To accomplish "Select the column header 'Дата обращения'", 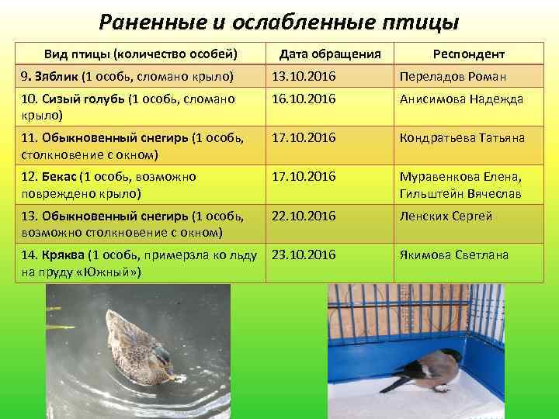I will point(330,54).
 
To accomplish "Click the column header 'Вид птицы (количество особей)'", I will point(141,54).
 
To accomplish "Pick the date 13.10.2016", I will point(303,77).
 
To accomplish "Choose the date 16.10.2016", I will point(303,99).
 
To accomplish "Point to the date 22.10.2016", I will point(303,216).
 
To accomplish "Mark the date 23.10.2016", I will point(303,255).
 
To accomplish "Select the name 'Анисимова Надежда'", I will point(461,99).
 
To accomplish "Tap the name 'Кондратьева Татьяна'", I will point(462,138).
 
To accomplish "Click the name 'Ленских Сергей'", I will point(446,216).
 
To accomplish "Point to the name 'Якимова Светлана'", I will point(454,255).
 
